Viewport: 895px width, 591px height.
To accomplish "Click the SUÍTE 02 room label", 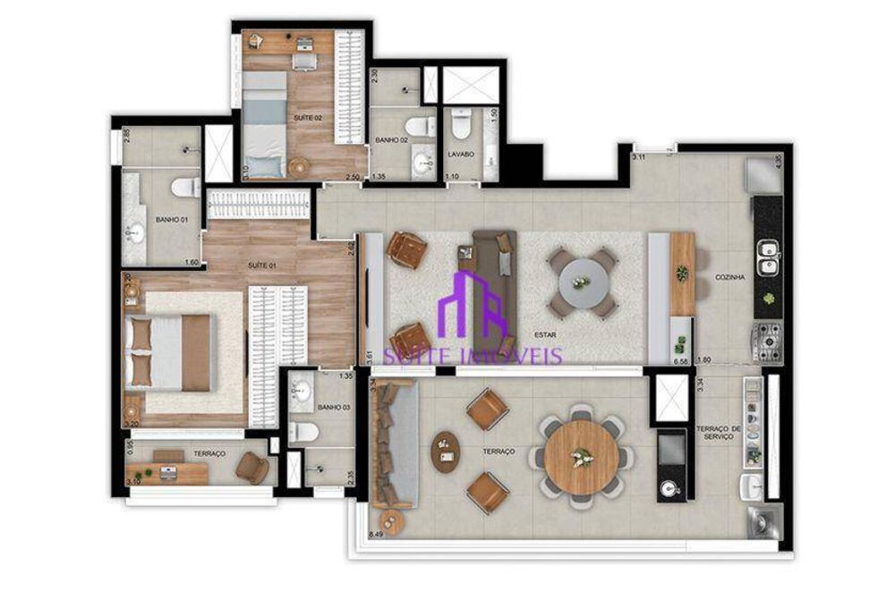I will tap(307, 117).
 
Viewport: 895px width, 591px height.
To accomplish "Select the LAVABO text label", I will tap(460, 155).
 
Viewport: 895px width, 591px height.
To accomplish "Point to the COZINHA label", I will tap(730, 277).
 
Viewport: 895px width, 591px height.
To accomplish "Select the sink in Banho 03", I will tap(301, 392).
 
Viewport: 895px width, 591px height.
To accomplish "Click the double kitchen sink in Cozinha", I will tap(767, 259).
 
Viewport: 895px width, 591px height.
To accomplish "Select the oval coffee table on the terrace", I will tap(444, 452).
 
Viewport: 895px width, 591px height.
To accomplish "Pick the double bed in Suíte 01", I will tap(170, 352).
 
